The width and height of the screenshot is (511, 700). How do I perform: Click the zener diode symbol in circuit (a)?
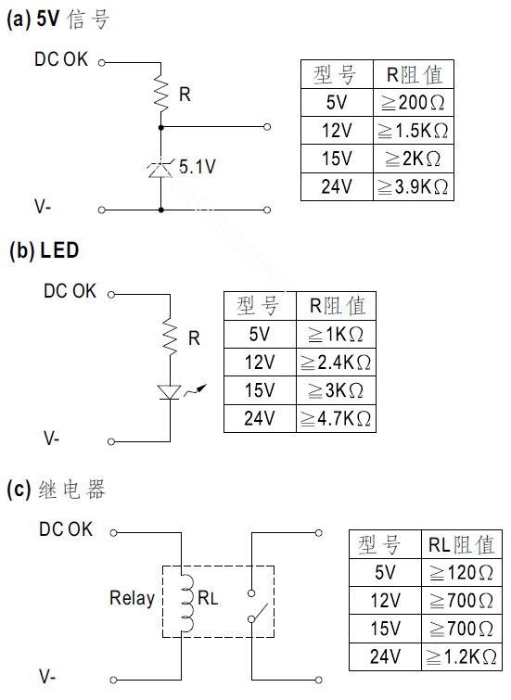pos(160,170)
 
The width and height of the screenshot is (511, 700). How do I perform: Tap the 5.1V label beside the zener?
pos(197,167)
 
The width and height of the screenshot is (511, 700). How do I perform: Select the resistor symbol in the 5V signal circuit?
pos(160,95)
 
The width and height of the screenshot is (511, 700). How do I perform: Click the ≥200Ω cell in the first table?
pos(414,103)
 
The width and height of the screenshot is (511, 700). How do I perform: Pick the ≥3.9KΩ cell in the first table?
pos(414,186)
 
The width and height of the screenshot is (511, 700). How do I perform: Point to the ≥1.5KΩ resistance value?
pos(414,131)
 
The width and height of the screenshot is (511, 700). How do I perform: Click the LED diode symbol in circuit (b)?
pos(171,392)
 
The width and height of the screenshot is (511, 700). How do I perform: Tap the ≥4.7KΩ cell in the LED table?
pos(336,418)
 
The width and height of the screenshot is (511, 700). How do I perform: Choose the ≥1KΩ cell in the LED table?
pos(336,335)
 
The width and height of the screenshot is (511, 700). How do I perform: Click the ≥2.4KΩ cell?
pos(336,363)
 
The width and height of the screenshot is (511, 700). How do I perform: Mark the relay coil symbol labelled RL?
pos(186,603)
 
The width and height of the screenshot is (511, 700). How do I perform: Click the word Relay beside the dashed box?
pos(132,598)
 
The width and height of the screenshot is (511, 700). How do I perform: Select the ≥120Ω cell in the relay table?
pos(462,572)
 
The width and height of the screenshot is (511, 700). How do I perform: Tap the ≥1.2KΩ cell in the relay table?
pos(462,656)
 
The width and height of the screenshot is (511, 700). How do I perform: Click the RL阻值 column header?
pos(462,544)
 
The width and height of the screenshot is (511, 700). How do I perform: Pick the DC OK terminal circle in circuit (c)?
pos(113,532)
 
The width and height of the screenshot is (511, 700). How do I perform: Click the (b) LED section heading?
pos(44,250)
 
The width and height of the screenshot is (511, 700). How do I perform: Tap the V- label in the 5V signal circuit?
pos(43,206)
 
